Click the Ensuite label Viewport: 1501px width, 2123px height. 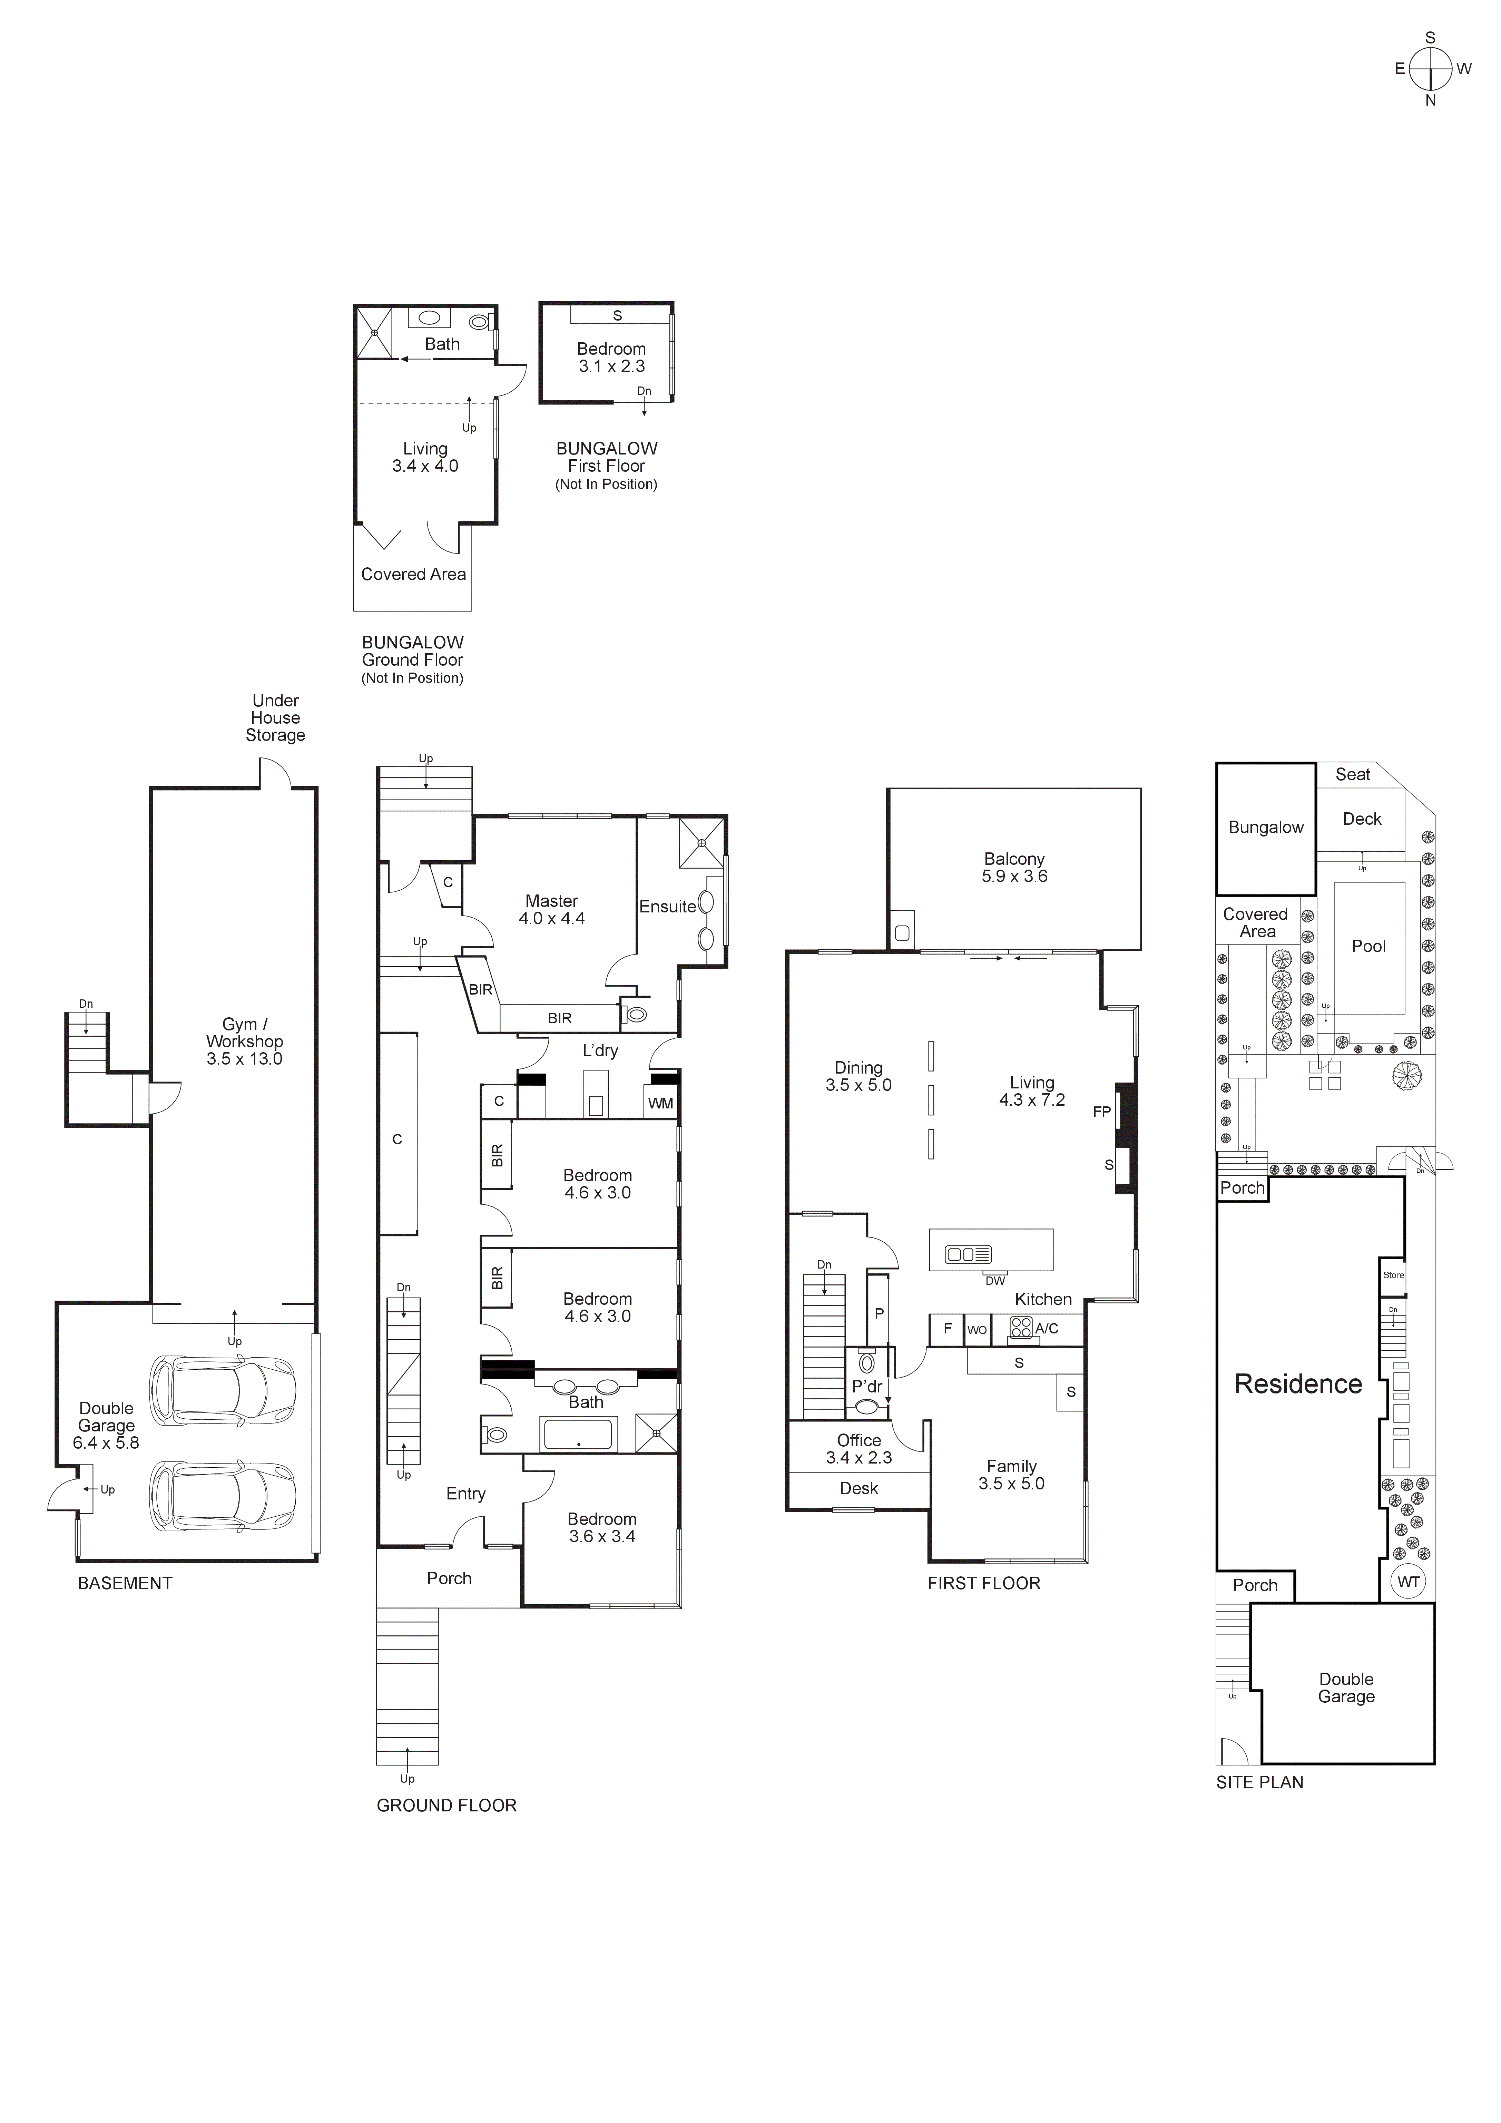[667, 907]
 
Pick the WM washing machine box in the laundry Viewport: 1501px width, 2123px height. [660, 1103]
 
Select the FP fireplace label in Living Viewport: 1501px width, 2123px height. [1101, 1112]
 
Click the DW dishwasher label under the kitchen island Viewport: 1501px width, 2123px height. [995, 1281]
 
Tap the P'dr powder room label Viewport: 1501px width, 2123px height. [866, 1387]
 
